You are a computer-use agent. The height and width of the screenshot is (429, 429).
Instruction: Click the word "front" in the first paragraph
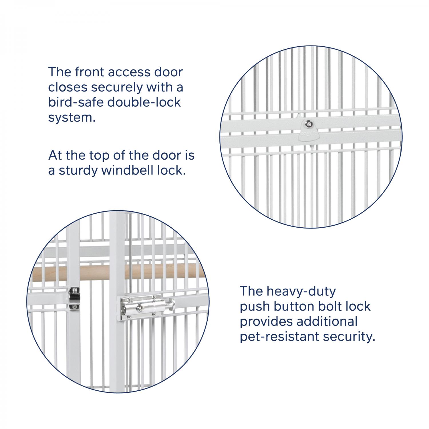(x=89, y=72)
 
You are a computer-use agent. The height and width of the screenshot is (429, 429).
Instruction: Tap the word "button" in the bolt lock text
(x=294, y=306)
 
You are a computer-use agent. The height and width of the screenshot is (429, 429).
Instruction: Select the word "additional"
(x=327, y=321)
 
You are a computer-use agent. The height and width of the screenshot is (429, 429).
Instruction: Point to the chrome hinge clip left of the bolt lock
(x=74, y=299)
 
